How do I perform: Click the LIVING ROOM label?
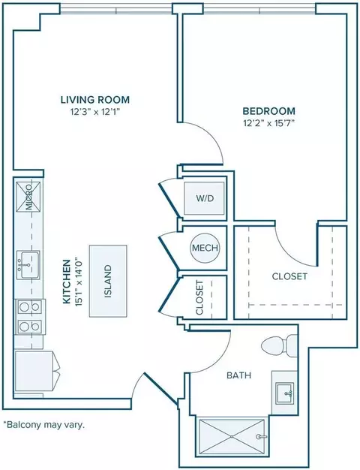pyautogui.click(x=95, y=100)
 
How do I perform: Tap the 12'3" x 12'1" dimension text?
pyautogui.click(x=95, y=112)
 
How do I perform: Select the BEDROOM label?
pyautogui.click(x=269, y=111)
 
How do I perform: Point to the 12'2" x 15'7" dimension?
pyautogui.click(x=269, y=123)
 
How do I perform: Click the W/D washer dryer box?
pyautogui.click(x=204, y=198)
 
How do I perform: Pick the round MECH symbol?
pyautogui.click(x=205, y=248)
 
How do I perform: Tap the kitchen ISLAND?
pyautogui.click(x=108, y=281)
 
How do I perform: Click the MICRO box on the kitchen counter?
pyautogui.click(x=28, y=197)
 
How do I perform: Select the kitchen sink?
pyautogui.click(x=28, y=265)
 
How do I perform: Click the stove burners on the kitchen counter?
pyautogui.click(x=29, y=317)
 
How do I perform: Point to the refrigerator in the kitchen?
pyautogui.click(x=37, y=372)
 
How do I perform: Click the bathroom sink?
pyautogui.click(x=284, y=393)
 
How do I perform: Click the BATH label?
pyautogui.click(x=238, y=375)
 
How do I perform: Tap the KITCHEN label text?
pyautogui.click(x=67, y=282)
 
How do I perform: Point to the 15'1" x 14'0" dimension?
pyautogui.click(x=79, y=282)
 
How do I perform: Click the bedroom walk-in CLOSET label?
pyautogui.click(x=289, y=276)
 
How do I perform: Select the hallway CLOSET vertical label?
pyautogui.click(x=199, y=297)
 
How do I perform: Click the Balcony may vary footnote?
pyautogui.click(x=43, y=425)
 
